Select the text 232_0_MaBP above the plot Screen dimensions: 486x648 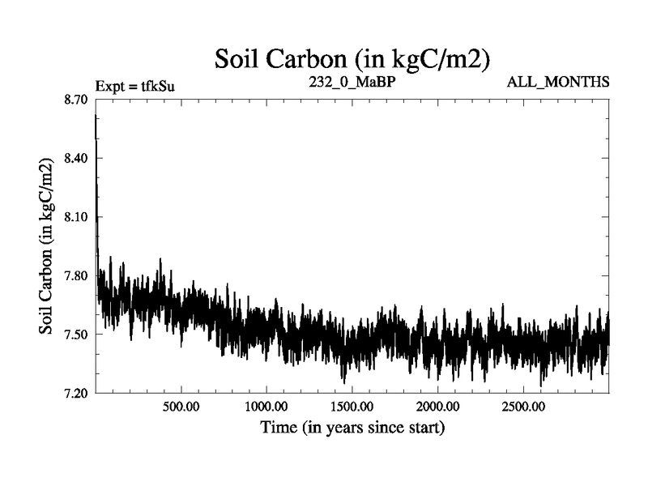352,82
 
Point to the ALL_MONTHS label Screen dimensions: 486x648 558,82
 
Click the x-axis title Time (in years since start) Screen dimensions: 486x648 352,426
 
